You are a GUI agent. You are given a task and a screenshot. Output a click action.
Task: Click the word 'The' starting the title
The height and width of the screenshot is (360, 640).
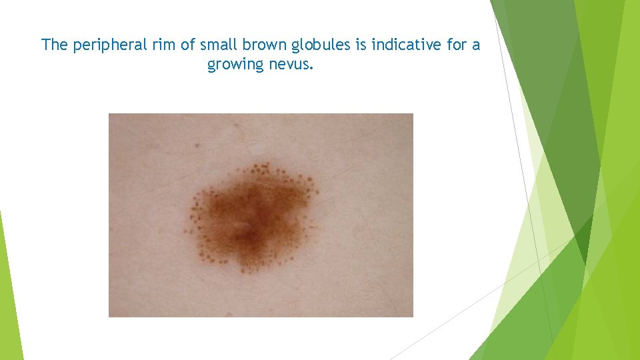pyautogui.click(x=54, y=45)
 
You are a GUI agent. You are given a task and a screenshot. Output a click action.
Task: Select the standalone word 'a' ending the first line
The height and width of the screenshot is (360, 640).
pyautogui.click(x=476, y=46)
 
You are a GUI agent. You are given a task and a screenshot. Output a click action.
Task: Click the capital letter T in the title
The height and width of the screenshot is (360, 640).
pyautogui.click(x=46, y=45)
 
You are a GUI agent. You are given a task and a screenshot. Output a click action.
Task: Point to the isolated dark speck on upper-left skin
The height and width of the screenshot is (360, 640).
pyautogui.click(x=198, y=143)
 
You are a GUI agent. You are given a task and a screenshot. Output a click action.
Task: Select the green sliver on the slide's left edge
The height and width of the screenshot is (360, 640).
pyautogui.click(x=10, y=293)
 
